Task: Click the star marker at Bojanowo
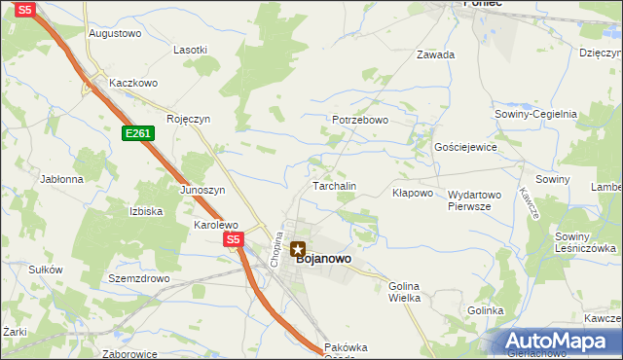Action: pyautogui.click(x=298, y=249)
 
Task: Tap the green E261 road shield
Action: pyautogui.click(x=138, y=133)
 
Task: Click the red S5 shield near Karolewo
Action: pyautogui.click(x=232, y=238)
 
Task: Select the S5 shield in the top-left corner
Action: pyautogui.click(x=25, y=9)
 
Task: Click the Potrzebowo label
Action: pyautogui.click(x=360, y=121)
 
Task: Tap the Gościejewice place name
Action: pyautogui.click(x=465, y=147)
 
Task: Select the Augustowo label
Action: pyautogui.click(x=115, y=33)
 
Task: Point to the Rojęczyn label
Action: pyautogui.click(x=188, y=120)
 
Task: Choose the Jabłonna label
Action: pyautogui.click(x=61, y=180)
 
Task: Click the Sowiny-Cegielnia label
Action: pyautogui.click(x=536, y=114)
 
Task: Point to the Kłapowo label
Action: pyautogui.click(x=412, y=193)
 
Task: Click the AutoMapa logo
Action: pyautogui.click(x=558, y=342)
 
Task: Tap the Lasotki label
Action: pyautogui.click(x=190, y=50)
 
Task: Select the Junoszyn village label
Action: pyautogui.click(x=202, y=190)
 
